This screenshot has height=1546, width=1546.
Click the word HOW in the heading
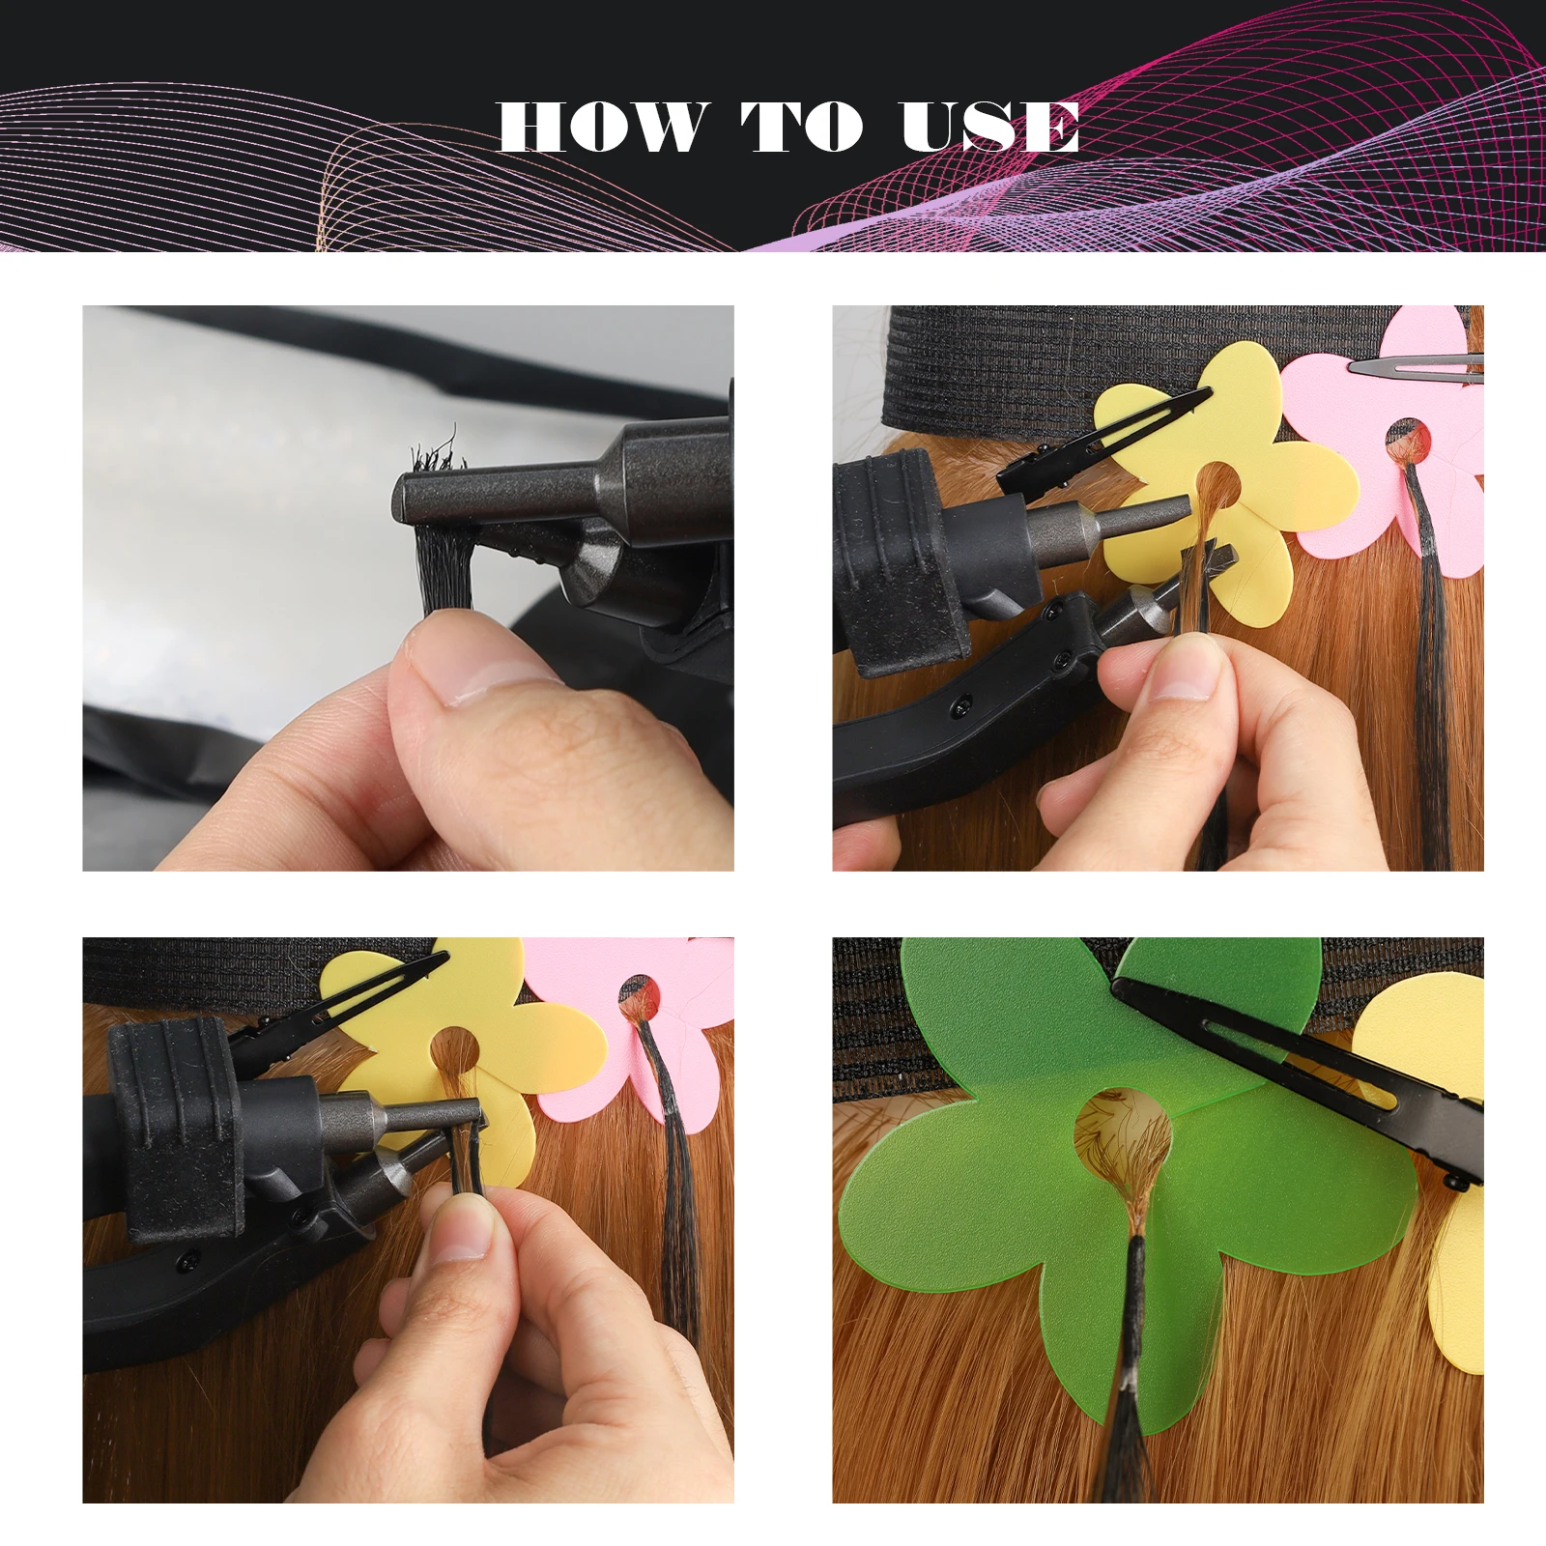(x=604, y=127)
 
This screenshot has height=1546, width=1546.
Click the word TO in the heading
(x=801, y=127)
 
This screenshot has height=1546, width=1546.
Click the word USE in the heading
(x=990, y=127)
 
